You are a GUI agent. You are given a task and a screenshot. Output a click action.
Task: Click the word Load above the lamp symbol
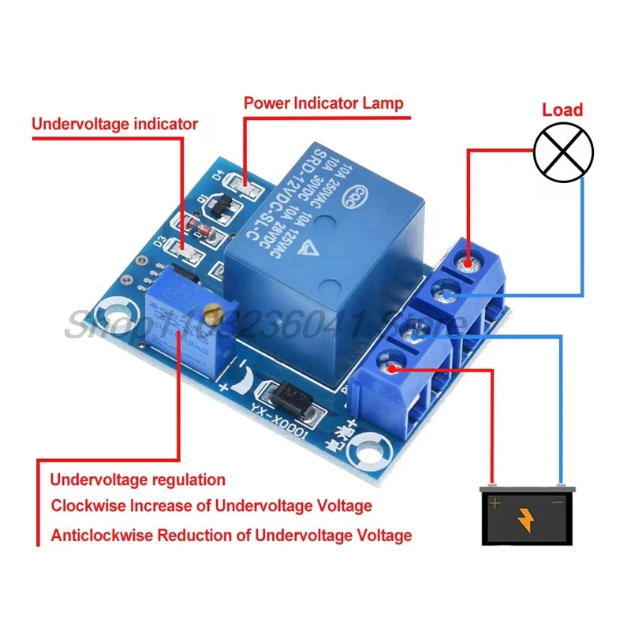point(562,110)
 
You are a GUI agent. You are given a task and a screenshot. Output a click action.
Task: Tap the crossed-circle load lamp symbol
point(563,153)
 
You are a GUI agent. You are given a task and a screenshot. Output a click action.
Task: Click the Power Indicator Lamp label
point(323,103)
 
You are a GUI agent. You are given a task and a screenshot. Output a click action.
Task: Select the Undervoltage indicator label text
point(114,124)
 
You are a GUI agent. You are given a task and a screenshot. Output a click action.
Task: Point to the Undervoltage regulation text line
point(138,480)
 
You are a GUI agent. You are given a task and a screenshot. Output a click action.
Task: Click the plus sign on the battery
point(495,502)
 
